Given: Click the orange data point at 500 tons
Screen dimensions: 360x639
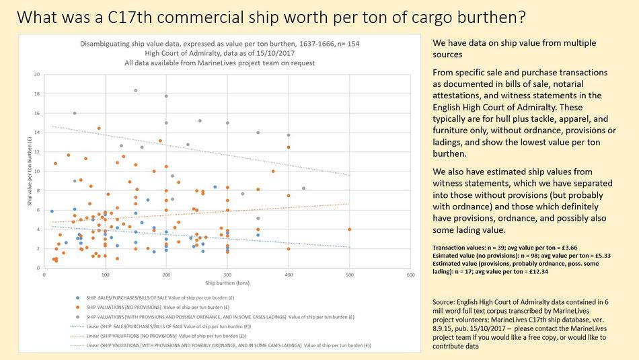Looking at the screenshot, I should coord(350,229).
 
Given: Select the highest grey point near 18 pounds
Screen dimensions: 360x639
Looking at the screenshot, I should coord(136,90).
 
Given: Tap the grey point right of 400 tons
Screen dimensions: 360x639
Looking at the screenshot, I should coord(303,188).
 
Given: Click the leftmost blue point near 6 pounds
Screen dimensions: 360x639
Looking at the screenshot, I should coord(52,211).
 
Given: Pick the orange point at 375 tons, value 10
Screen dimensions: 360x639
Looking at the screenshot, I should coord(273,171).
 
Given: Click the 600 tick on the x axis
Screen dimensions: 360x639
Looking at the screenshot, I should coord(410,275).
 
